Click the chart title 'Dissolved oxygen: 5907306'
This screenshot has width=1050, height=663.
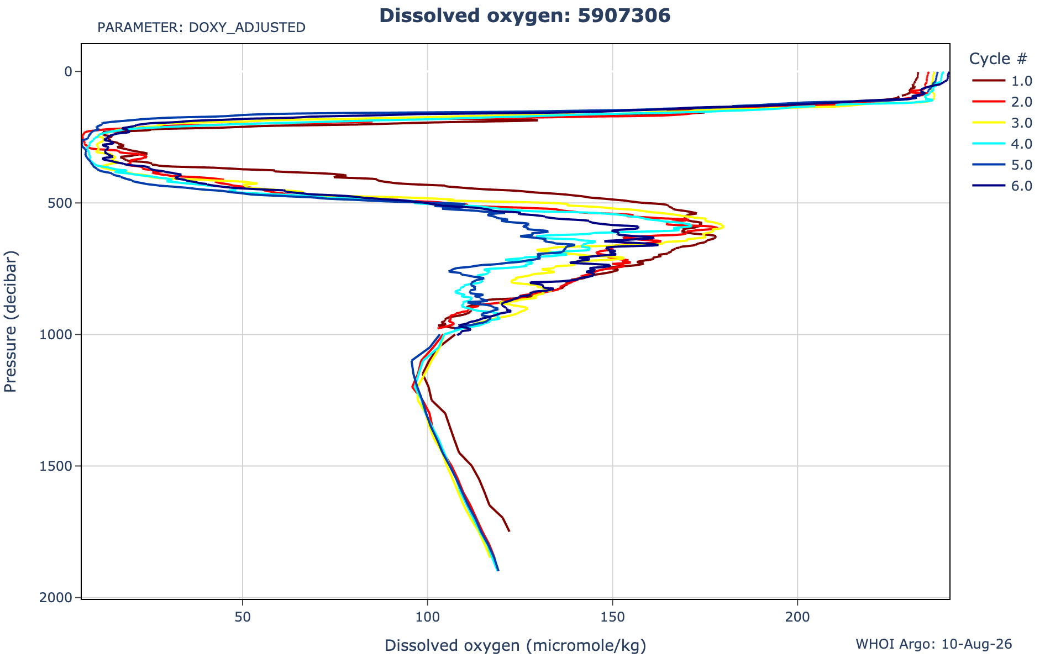(x=524, y=15)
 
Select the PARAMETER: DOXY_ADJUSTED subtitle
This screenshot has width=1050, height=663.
(x=201, y=27)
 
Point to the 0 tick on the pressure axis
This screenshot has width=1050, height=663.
(x=69, y=71)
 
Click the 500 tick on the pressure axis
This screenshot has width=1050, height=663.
(x=61, y=203)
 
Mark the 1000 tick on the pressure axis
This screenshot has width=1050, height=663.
(x=57, y=334)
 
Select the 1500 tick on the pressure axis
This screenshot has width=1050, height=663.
(x=57, y=466)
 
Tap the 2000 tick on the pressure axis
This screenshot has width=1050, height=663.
(x=57, y=597)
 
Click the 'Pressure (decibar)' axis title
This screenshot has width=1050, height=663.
(x=11, y=321)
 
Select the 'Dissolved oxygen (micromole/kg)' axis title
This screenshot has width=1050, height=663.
(x=515, y=646)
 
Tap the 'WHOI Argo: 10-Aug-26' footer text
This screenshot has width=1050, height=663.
(x=934, y=644)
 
